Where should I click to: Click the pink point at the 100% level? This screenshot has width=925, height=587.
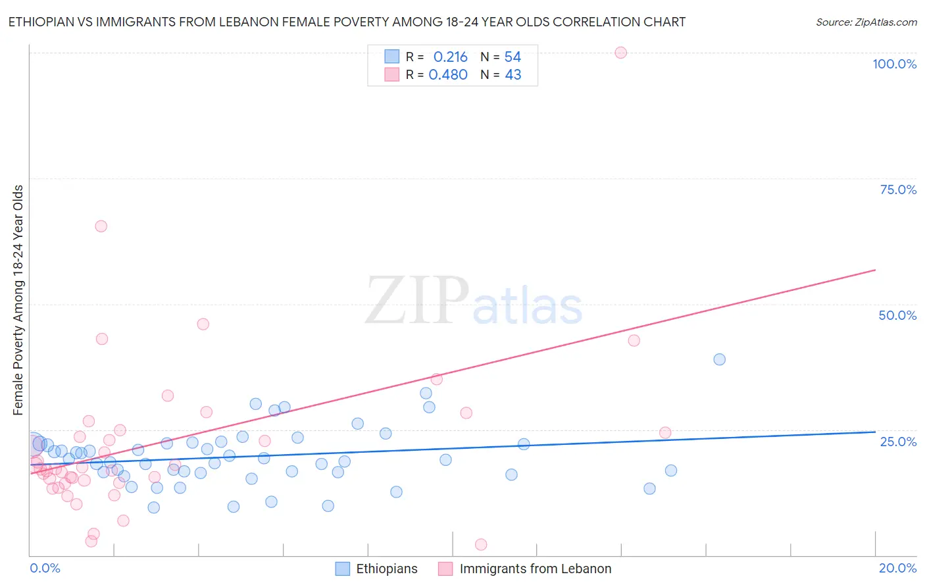(620, 53)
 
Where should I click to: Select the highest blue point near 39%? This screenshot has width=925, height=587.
(719, 359)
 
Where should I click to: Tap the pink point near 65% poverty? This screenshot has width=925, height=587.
(101, 226)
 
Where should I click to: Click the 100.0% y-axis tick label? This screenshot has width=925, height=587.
(894, 64)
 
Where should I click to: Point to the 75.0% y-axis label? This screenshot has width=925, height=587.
(897, 190)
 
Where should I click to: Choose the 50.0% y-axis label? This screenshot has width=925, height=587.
(897, 315)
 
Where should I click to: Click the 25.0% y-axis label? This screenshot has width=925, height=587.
(898, 441)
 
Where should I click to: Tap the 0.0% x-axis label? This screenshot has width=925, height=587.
(45, 568)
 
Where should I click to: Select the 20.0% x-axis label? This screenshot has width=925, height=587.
(897, 568)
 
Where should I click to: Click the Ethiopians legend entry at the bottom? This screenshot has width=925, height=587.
(386, 569)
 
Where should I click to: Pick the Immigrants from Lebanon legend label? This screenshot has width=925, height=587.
(535, 569)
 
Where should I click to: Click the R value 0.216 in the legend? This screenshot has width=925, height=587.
(450, 57)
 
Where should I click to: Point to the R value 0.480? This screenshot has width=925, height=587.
(448, 75)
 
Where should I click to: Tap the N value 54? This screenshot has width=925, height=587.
(512, 57)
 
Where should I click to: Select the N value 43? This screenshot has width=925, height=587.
(512, 75)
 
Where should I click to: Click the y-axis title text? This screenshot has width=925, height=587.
(18, 300)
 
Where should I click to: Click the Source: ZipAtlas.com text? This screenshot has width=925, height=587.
(866, 22)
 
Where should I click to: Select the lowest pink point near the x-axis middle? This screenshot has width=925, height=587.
(481, 544)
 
